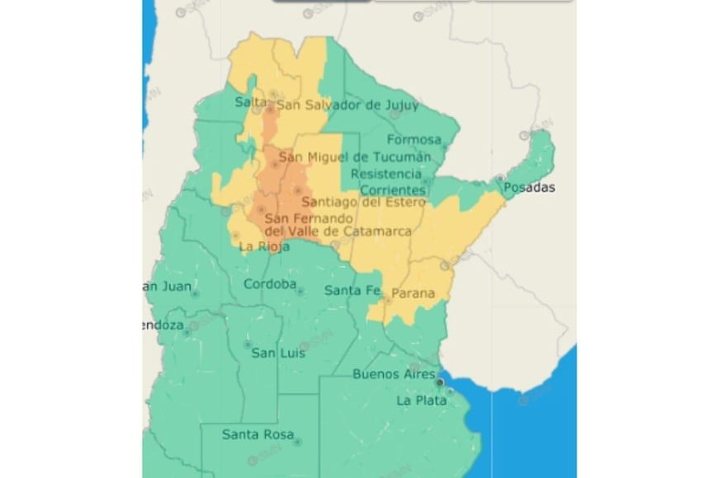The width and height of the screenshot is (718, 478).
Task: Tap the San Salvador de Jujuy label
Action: [x=347, y=105]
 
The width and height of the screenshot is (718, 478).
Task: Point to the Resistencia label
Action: [x=385, y=174]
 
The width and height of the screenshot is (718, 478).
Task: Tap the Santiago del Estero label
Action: [x=364, y=202]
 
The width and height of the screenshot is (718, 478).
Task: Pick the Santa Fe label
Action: [x=352, y=290]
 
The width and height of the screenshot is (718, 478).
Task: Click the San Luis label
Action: [x=278, y=353]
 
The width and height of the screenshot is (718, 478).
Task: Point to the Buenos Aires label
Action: [x=394, y=374]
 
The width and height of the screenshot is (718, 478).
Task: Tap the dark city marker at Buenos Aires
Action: [x=442, y=382]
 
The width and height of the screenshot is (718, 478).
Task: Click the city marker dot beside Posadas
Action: [x=499, y=179]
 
